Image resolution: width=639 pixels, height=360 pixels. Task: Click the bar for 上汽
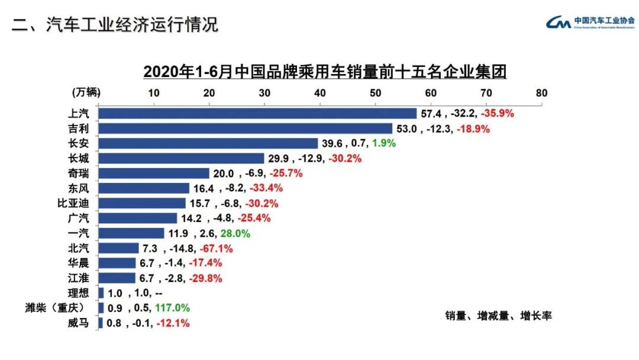point(257,113)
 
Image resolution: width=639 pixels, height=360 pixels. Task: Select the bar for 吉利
point(245,128)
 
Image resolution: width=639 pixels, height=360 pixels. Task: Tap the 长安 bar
point(208,143)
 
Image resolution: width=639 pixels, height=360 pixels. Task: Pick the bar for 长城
point(181,158)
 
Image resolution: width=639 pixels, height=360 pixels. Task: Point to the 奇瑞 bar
point(154,173)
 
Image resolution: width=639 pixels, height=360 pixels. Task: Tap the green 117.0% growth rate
point(172,308)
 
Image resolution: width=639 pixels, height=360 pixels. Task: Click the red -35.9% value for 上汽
point(498,113)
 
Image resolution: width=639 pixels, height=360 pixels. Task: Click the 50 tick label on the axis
point(375,93)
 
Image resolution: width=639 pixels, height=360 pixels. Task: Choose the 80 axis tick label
point(541,93)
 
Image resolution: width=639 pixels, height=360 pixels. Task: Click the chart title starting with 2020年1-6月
point(325,72)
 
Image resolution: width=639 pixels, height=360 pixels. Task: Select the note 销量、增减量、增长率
point(498,316)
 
